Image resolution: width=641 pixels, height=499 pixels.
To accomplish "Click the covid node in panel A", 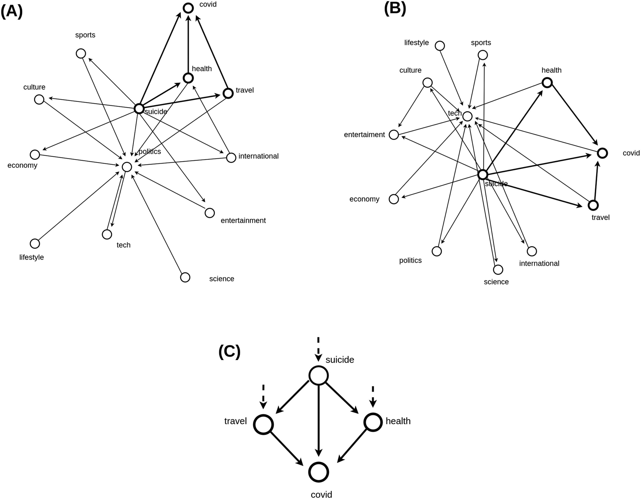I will click(x=188, y=8).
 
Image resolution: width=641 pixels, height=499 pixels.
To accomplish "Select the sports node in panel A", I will click(x=81, y=53).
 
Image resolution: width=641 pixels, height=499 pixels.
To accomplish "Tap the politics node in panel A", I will click(x=127, y=167).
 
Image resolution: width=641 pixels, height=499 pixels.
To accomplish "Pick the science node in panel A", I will click(x=185, y=277).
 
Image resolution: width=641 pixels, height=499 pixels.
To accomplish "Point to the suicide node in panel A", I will click(x=139, y=109).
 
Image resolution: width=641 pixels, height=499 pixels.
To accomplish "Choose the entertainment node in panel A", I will click(x=209, y=213).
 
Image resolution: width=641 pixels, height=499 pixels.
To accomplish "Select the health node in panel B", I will click(x=547, y=82).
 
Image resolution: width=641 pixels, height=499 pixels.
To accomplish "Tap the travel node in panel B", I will click(x=593, y=205).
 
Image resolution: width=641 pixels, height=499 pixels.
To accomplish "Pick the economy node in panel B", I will click(x=394, y=199).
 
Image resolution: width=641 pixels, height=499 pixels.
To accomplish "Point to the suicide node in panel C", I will click(x=318, y=375).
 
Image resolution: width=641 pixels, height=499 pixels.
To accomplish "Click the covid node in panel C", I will click(x=318, y=472).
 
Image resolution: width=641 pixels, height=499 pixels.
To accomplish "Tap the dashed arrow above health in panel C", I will click(x=373, y=396).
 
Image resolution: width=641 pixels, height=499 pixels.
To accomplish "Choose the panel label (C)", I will click(x=229, y=351).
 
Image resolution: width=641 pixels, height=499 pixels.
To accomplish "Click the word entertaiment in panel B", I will click(x=364, y=135).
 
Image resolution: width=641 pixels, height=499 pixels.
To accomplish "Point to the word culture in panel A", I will click(x=34, y=87).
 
